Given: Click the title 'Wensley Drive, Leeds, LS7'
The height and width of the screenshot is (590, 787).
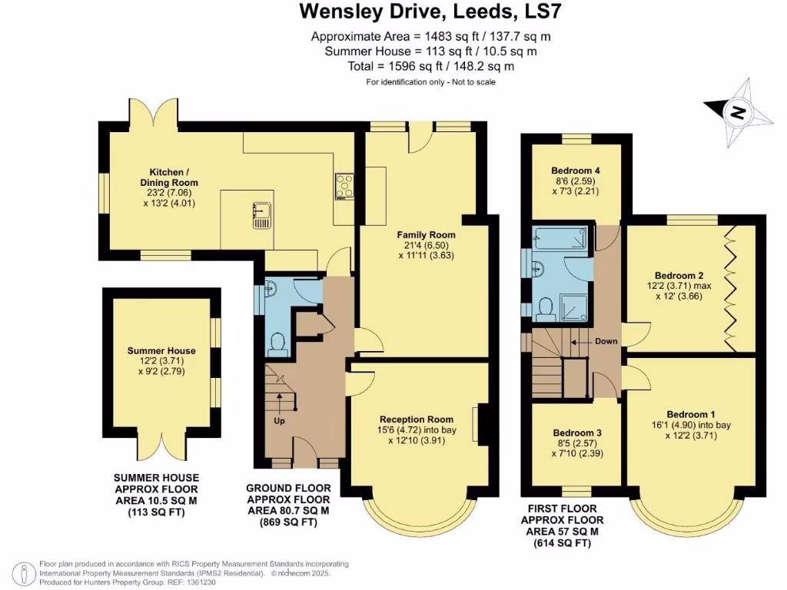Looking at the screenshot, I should (x=431, y=12).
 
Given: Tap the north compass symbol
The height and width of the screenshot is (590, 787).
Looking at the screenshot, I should (x=738, y=114).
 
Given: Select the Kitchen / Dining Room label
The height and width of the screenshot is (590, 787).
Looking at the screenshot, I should (x=174, y=177).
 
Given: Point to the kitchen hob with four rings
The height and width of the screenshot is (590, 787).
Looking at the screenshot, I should (x=343, y=186).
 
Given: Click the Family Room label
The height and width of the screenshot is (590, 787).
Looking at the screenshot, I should (x=425, y=234).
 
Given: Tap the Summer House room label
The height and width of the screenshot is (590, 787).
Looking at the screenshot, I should (x=161, y=350).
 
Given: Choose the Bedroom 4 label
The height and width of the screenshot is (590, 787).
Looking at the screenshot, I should (x=576, y=171).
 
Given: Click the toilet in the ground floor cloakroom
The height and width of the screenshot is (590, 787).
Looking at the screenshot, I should (x=278, y=342).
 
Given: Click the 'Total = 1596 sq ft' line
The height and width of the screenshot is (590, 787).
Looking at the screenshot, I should (x=431, y=66).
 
